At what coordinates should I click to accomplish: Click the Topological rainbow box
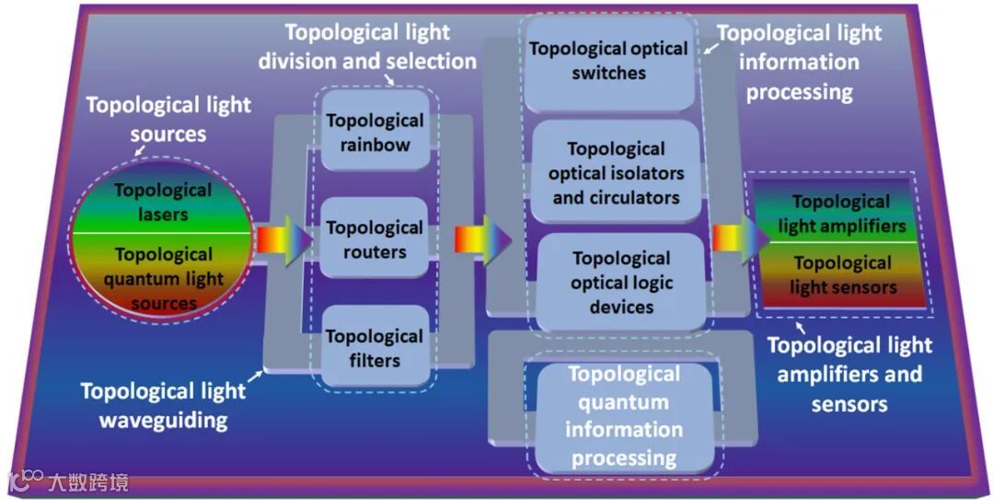pyautogui.click(x=375, y=133)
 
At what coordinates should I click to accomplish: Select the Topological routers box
pyautogui.click(x=375, y=239)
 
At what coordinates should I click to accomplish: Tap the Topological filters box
pyautogui.click(x=375, y=347)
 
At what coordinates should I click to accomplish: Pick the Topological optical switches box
pyautogui.click(x=608, y=61)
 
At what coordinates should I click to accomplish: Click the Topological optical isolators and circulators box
pyautogui.click(x=616, y=172)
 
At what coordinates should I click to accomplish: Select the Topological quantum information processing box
pyautogui.click(x=623, y=415)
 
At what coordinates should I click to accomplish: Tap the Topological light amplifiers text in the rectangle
pyautogui.click(x=841, y=214)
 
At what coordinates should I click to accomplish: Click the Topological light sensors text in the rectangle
pyautogui.click(x=841, y=274)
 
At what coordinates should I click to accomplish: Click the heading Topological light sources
pyautogui.click(x=168, y=119)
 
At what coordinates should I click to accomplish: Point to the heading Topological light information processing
pyautogui.click(x=798, y=63)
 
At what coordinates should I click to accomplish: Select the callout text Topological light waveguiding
pyautogui.click(x=163, y=405)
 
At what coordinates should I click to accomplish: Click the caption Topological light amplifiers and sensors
pyautogui.click(x=849, y=374)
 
